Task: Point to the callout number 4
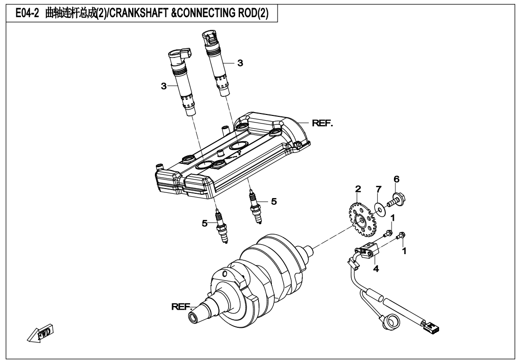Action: click(375, 269)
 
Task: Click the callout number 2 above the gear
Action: click(358, 189)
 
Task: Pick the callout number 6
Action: click(397, 179)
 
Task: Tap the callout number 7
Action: click(378, 190)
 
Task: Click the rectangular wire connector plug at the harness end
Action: click(433, 327)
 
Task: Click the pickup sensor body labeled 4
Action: click(368, 250)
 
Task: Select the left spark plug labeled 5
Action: click(221, 227)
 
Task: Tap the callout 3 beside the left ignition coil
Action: click(164, 86)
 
